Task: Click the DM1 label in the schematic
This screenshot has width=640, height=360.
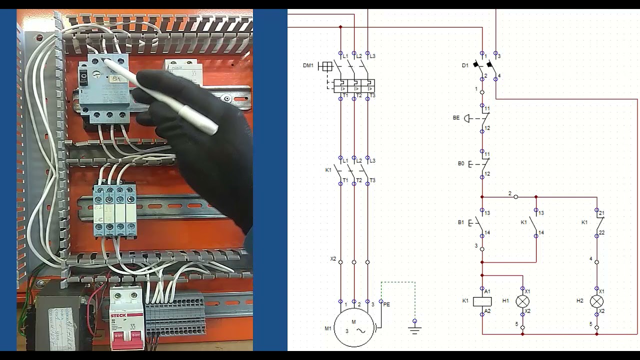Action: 308,65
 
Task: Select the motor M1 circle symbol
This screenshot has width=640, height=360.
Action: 354,327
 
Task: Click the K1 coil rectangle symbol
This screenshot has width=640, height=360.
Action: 482,301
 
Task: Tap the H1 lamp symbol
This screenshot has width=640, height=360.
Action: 522,301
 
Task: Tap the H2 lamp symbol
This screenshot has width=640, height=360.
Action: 596,301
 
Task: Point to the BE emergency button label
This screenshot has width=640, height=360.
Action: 456,118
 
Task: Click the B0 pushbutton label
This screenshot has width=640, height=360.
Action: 461,163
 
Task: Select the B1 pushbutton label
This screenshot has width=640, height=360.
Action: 461,222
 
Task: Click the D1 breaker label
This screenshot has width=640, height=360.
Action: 465,65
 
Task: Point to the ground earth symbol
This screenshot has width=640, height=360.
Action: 414,328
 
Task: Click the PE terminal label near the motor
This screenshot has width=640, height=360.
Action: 386,304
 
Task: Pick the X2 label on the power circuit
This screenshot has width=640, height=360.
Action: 333,259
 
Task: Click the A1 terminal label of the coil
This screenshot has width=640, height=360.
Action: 487,291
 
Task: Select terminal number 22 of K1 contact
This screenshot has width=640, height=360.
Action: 602,233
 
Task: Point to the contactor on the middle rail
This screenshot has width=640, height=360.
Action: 114,209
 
